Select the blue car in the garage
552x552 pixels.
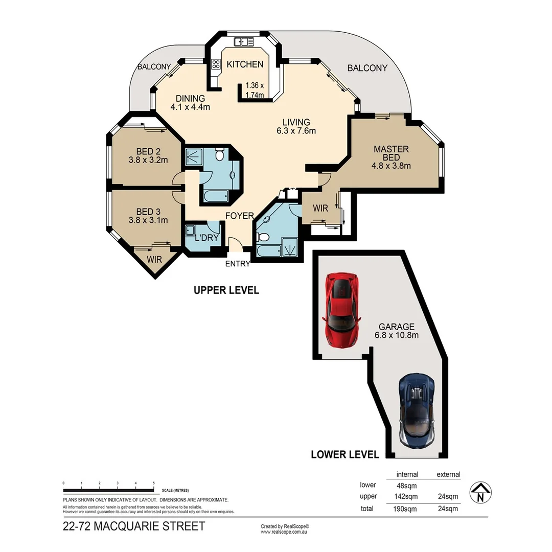click(417, 410)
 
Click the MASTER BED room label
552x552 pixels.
click(391, 157)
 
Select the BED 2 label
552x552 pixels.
click(148, 155)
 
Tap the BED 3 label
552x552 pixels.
click(148, 216)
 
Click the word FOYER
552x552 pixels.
click(240, 216)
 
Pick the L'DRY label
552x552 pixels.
click(207, 238)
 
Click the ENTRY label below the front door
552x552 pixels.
click(238, 264)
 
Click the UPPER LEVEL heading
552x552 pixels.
click(226, 290)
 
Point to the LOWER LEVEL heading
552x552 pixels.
click(345, 454)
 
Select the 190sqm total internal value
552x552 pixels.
click(407, 509)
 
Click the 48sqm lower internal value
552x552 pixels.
click(407, 486)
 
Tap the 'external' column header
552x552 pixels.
click(448, 474)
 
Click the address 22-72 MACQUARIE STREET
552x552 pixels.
click(133, 526)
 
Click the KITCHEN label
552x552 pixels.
click(245, 64)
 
